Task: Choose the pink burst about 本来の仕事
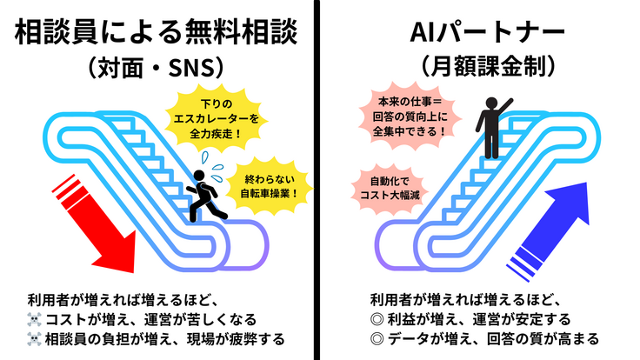coord(407,116)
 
